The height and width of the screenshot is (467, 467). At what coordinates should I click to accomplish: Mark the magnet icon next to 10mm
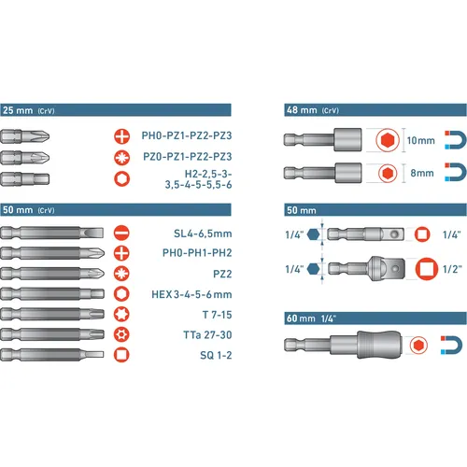click(453, 140)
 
